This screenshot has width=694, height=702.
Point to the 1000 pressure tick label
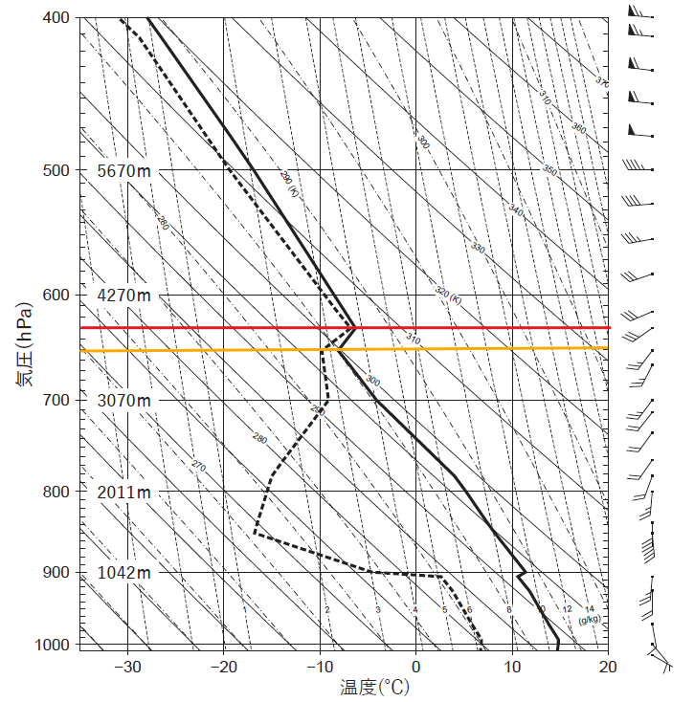click(x=54, y=645)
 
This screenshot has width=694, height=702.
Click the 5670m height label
click(x=124, y=170)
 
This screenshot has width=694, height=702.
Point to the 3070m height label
click(x=124, y=400)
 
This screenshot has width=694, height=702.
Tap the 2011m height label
click(x=124, y=492)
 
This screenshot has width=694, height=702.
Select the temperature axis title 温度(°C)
click(x=373, y=687)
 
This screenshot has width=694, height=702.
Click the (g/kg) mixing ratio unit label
click(x=589, y=620)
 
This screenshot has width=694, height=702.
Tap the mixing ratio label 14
click(x=590, y=608)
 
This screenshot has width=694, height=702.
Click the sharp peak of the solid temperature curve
click(x=355, y=327)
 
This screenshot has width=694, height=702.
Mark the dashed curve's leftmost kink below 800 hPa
click(x=255, y=535)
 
